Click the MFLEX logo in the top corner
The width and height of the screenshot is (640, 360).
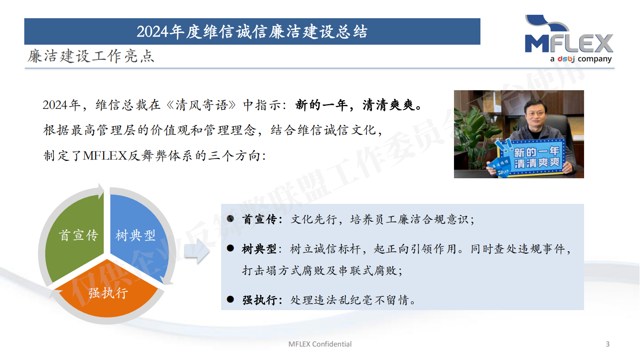pyautogui.click(x=568, y=39)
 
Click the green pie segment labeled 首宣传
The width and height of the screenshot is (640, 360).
pyautogui.click(x=76, y=237)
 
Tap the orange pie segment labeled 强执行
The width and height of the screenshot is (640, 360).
pyautogui.click(x=107, y=293)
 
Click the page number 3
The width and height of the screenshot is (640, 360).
pyautogui.click(x=608, y=344)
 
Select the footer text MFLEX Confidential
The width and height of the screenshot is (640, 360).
pyautogui.click(x=320, y=344)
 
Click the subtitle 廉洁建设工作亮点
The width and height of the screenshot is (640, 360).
pyautogui.click(x=91, y=56)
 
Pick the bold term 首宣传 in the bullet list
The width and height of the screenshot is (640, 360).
pyautogui.click(x=259, y=219)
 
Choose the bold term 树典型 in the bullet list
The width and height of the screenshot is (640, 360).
pyautogui.click(x=259, y=249)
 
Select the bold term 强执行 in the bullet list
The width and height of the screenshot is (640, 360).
pyautogui.click(x=259, y=300)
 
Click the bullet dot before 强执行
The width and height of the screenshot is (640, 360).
pyautogui.click(x=230, y=299)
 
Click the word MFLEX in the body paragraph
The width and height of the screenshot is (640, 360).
pyautogui.click(x=105, y=156)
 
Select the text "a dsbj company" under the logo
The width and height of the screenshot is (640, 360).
pyautogui.click(x=581, y=59)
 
